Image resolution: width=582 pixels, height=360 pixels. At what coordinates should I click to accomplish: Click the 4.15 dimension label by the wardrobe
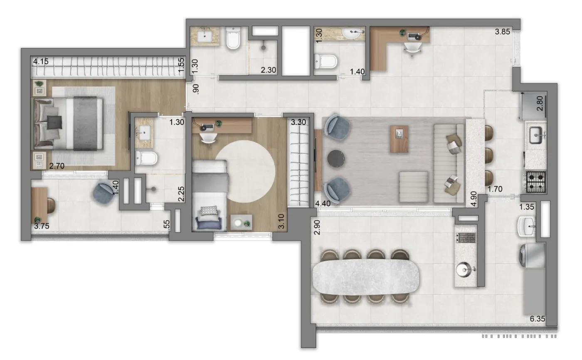tap(41, 62)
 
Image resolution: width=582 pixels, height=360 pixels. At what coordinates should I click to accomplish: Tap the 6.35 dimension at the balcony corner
tap(537, 318)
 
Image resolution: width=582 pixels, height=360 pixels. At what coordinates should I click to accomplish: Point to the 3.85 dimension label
tap(503, 32)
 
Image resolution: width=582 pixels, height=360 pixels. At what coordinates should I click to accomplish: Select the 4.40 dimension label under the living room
tap(323, 203)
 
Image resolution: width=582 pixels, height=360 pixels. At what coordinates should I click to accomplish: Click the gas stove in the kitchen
tap(536, 182)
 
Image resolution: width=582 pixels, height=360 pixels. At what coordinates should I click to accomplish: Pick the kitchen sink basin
tap(536, 135)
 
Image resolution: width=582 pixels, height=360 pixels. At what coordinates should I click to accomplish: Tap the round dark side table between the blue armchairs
tap(336, 158)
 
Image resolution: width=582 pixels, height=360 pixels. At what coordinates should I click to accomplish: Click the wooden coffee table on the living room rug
tap(399, 139)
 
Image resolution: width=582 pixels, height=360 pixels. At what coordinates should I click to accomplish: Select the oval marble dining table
tap(365, 276)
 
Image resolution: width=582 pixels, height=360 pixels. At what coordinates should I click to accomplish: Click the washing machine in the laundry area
tap(532, 255)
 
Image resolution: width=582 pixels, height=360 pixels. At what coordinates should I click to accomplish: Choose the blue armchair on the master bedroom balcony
tap(104, 192)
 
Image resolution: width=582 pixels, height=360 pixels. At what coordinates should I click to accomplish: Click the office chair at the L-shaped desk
tap(412, 49)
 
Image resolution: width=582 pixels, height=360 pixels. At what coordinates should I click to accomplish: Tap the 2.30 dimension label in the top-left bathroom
tap(269, 70)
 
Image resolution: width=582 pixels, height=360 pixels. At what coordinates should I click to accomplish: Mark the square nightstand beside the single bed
tap(242, 222)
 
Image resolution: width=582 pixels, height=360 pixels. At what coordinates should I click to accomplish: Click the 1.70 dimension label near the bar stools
tap(495, 189)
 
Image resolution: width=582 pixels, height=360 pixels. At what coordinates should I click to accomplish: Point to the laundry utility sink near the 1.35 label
tap(526, 227)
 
